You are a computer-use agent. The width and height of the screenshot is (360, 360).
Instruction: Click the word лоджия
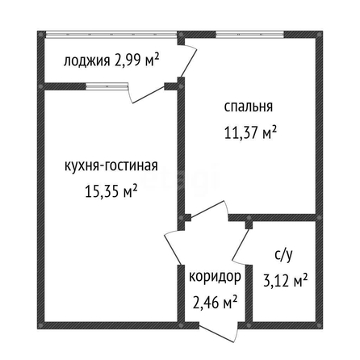87,61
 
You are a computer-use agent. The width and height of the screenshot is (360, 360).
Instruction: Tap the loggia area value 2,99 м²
136,60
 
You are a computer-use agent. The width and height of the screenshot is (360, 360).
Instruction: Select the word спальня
249,107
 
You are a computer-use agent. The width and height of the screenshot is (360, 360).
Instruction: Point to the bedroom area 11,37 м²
250,132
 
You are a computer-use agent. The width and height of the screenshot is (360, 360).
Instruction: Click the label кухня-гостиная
111,165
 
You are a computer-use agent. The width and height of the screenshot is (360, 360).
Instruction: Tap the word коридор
215,276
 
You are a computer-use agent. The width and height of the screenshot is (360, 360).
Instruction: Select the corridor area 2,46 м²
215,302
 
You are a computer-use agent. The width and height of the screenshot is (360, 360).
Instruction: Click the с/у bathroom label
283,256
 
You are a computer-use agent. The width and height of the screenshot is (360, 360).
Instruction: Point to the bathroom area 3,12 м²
285,280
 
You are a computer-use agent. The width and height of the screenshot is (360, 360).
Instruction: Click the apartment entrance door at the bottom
219,332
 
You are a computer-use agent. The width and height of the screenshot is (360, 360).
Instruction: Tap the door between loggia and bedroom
188,60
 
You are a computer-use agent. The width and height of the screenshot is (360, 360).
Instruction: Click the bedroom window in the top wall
249,35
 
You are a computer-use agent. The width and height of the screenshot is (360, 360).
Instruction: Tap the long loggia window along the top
111,34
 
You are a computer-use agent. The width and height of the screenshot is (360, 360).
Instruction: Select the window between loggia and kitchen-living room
107,86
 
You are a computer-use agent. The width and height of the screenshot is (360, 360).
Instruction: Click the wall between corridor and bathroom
249,293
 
